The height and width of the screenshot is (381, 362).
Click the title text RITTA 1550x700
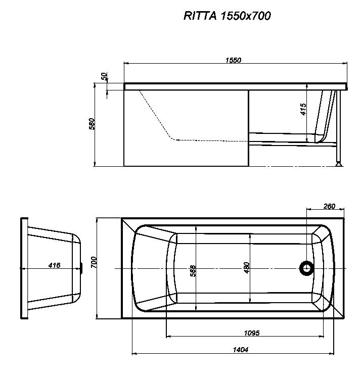coord(227,16)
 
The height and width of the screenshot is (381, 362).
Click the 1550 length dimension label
coord(233,60)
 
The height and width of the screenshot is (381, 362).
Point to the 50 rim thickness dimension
coord(105,76)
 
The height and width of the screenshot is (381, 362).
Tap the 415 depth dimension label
coord(303,110)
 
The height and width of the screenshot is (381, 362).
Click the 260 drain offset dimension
coord(329,206)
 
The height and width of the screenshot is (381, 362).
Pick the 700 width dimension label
coord(94,262)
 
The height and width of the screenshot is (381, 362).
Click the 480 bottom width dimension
coord(246,268)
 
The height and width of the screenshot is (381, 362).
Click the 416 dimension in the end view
coord(55,265)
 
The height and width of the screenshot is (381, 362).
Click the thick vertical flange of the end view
coord(23,268)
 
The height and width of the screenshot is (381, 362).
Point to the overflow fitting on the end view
coord(82,268)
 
